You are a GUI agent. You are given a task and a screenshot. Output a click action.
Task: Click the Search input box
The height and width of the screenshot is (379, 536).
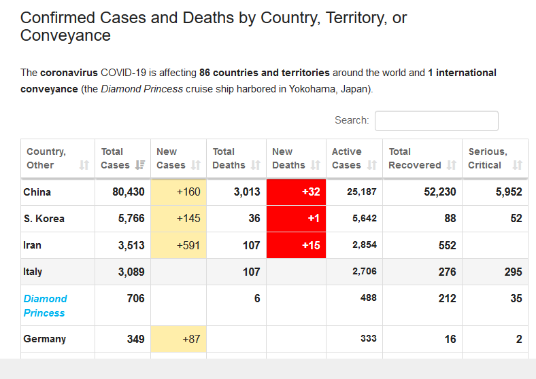pos(436,121)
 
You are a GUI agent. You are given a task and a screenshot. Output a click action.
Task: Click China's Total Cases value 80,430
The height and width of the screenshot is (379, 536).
pos(129,192)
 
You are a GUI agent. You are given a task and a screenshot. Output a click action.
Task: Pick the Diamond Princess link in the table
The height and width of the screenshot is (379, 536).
pos(45,306)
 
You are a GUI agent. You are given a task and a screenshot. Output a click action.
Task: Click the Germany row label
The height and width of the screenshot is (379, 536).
pos(44,338)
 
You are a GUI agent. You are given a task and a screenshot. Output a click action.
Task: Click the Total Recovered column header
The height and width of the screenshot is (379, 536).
pos(415,158)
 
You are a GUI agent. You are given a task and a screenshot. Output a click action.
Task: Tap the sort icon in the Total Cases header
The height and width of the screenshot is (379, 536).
pos(140,165)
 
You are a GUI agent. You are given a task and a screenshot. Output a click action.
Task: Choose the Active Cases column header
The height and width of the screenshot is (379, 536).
pos(347,158)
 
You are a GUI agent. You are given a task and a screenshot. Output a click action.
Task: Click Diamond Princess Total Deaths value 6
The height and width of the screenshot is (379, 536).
pos(256,298)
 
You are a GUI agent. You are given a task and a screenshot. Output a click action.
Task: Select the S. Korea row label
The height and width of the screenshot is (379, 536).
pos(44,219)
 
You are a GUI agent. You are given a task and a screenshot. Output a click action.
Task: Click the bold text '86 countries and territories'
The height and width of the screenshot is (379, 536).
pos(264,73)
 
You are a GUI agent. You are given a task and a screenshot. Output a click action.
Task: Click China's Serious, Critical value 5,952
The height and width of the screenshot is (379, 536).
pos(509,192)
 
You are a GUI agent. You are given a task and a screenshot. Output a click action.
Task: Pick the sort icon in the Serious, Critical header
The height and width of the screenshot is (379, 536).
pos(517,165)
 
